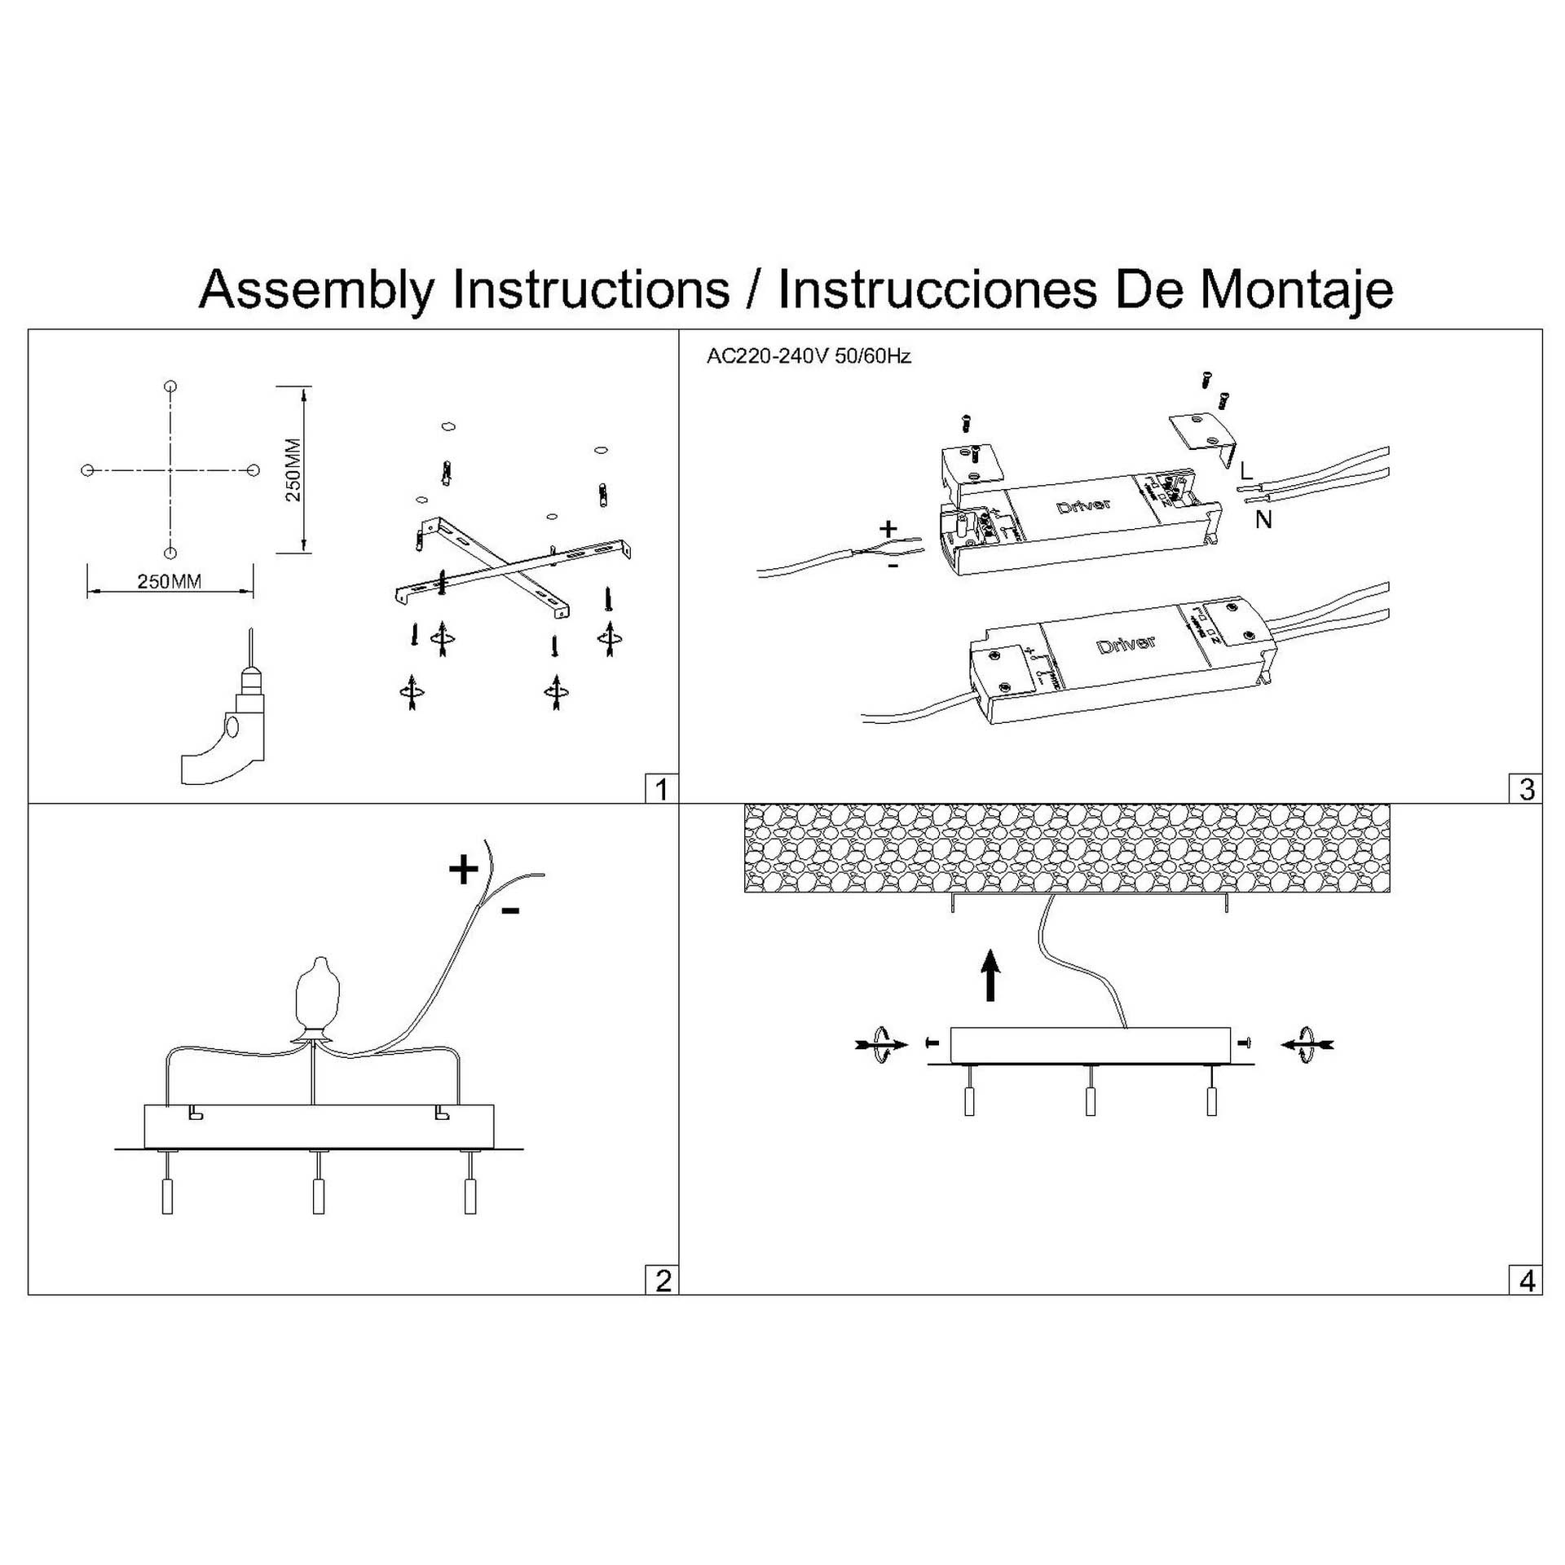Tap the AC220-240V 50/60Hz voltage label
tap(809, 356)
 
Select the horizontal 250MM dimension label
tap(170, 581)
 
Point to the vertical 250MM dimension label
tap(293, 470)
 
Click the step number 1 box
tap(661, 789)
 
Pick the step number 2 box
tap(662, 1281)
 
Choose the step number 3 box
tap(1527, 789)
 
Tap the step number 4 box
tap(1527, 1281)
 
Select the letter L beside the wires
tap(1245, 471)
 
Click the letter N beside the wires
tap(1263, 519)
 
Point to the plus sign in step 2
tap(464, 870)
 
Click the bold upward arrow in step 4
tap(990, 975)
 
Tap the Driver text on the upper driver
tap(1083, 505)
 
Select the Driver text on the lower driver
tap(1126, 644)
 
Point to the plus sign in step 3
tap(888, 528)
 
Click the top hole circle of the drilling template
tap(170, 386)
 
